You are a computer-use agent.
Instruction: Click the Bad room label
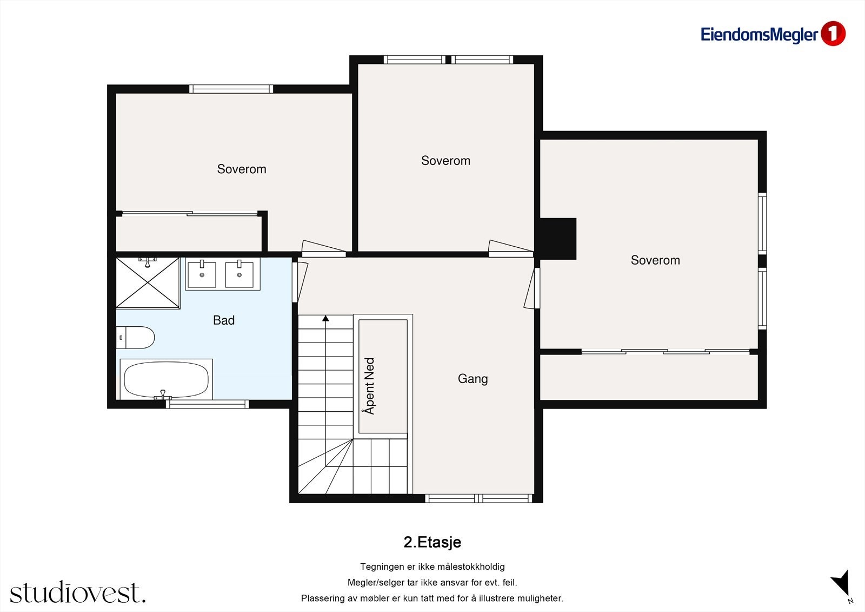(224, 320)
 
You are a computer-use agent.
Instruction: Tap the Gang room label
(473, 378)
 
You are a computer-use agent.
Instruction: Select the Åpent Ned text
(370, 386)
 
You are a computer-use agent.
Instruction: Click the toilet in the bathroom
(135, 338)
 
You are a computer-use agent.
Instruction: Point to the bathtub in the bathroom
(167, 379)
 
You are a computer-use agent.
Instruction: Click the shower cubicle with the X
(148, 282)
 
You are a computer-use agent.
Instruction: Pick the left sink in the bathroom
(202, 274)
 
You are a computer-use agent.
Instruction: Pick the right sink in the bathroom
(239, 274)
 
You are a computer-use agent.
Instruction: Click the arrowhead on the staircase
(325, 318)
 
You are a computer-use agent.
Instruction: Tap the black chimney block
(557, 239)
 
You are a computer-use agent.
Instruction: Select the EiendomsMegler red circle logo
(833, 34)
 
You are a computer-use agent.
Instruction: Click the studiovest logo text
(78, 592)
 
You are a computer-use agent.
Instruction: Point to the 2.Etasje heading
(432, 542)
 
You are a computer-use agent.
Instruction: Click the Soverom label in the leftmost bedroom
(241, 169)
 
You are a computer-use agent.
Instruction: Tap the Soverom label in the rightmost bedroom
(655, 260)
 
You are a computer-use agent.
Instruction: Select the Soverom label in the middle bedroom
(445, 161)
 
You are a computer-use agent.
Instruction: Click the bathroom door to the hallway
(300, 282)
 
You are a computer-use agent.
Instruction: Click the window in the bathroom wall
(208, 404)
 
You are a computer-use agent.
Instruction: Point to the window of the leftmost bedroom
(231, 89)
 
